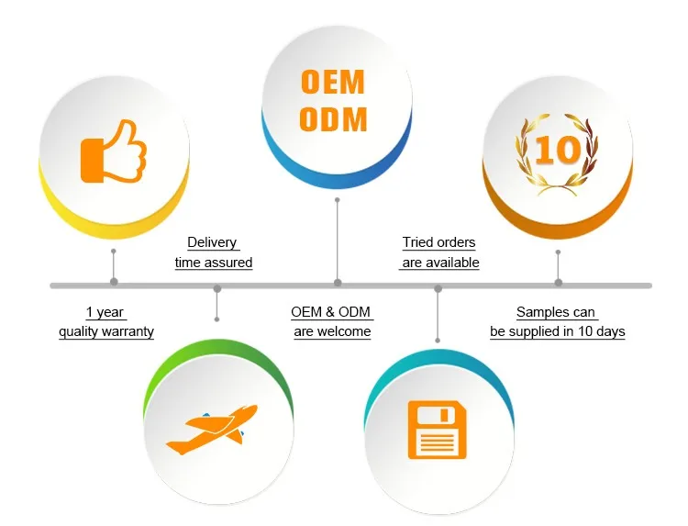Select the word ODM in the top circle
(x=333, y=119)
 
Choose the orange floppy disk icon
(x=436, y=431)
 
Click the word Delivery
(x=212, y=243)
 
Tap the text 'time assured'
(x=214, y=263)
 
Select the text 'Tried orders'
(x=438, y=243)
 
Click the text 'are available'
(x=439, y=263)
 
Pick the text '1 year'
(x=105, y=313)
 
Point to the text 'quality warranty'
(x=106, y=331)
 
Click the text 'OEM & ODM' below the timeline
(x=331, y=313)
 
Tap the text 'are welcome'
(x=332, y=331)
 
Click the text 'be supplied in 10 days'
(x=557, y=331)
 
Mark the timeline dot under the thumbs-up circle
(x=114, y=282)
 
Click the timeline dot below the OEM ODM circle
(x=338, y=282)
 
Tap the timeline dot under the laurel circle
(x=559, y=282)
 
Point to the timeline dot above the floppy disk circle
(x=438, y=289)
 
